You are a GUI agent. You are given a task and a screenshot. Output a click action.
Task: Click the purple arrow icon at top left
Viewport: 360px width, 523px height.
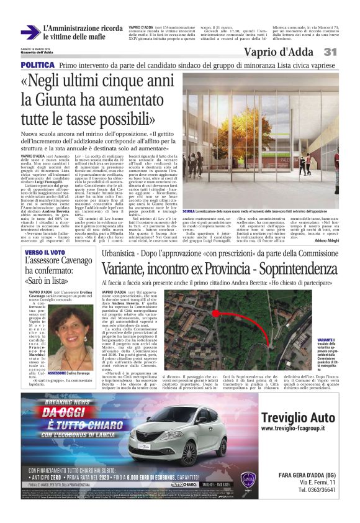click(x=30, y=32)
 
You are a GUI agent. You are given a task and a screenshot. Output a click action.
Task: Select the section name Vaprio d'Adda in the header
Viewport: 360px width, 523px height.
click(x=279, y=52)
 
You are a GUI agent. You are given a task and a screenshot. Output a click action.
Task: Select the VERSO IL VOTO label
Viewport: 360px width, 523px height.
click(x=45, y=252)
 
